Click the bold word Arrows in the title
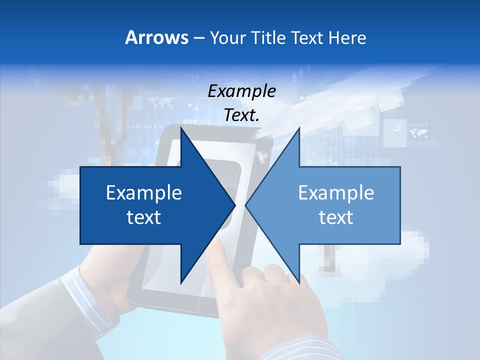tap(156, 37)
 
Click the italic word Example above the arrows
tap(241, 91)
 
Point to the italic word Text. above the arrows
tap(241, 115)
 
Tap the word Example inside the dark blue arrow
tap(144, 193)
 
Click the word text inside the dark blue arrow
tap(144, 217)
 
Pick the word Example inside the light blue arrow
tap(336, 193)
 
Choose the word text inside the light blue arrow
tap(336, 217)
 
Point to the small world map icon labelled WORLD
tap(418, 132)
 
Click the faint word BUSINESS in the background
tap(144, 126)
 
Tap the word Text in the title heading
tap(307, 37)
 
